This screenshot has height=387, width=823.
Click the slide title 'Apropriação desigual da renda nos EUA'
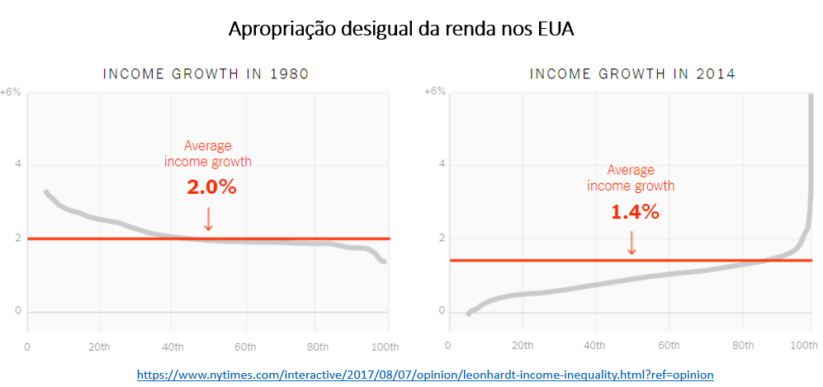point(400,29)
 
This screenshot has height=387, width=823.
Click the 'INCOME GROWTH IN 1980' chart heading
point(206,74)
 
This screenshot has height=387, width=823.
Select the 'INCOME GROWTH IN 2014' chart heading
point(632,74)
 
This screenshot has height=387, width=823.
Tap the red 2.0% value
point(211,187)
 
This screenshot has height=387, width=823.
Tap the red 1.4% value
point(634,212)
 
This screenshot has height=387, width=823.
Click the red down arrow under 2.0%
point(208,219)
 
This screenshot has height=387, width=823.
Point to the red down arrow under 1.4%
point(631,243)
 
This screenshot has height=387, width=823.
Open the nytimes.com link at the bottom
point(424,375)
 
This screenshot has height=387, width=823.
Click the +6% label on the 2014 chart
point(434,92)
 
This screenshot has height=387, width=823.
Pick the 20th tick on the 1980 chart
point(99,347)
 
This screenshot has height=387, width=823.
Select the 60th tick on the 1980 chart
point(244,347)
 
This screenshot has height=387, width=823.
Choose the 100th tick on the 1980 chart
point(385,347)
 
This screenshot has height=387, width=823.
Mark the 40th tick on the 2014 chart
point(596,347)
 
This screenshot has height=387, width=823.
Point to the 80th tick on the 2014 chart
point(741,347)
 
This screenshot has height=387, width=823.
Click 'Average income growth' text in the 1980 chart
point(208,153)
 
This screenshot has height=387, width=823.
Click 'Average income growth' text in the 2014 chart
point(631,178)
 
